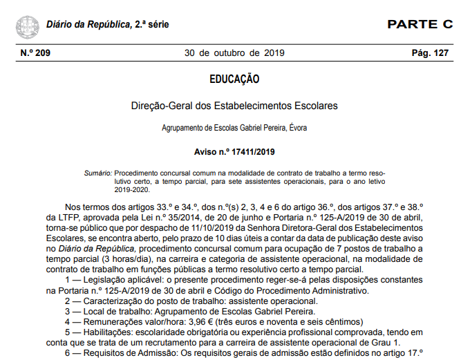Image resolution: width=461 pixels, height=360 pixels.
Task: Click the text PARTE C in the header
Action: [x=420, y=25]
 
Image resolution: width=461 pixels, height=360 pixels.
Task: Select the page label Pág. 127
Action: [x=430, y=53]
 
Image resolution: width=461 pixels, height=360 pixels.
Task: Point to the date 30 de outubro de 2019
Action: [x=230, y=53]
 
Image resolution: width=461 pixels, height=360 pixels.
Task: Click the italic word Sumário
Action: [x=97, y=171]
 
